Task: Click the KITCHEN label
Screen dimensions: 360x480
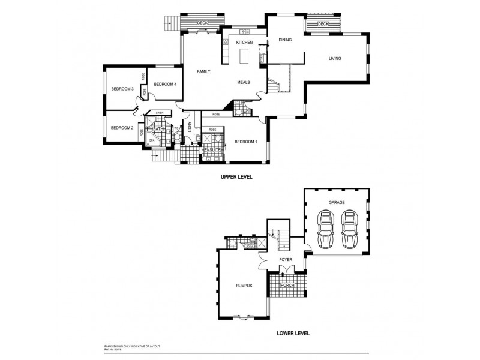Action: (244, 43)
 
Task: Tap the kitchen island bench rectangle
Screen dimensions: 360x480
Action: (244, 56)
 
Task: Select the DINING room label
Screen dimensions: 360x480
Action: (285, 40)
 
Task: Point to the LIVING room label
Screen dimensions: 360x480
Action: (335, 58)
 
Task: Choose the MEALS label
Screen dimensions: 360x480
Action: (244, 82)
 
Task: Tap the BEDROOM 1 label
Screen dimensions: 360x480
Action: (245, 142)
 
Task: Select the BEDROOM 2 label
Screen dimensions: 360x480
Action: (122, 127)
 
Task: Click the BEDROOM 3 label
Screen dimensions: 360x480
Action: (122, 89)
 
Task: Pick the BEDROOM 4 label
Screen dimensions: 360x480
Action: (164, 84)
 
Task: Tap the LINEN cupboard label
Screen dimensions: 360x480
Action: (160, 113)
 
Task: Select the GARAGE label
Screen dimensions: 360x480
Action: (336, 202)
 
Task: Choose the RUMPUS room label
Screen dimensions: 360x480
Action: (243, 286)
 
